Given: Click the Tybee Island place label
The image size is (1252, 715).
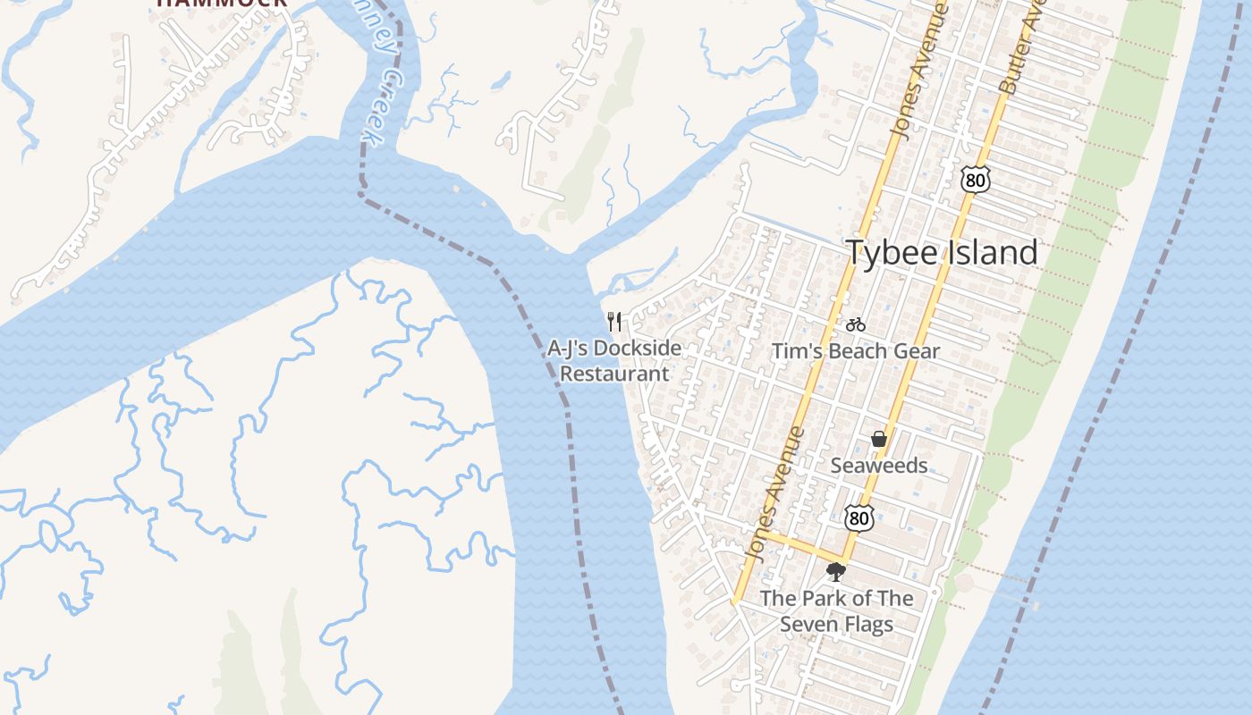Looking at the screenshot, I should [x=942, y=253].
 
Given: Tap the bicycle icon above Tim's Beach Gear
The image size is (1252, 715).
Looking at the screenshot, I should [x=856, y=324].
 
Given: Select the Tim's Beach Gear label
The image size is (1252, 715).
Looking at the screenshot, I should [x=856, y=351].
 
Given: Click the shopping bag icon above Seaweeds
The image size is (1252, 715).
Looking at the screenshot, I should [x=879, y=439].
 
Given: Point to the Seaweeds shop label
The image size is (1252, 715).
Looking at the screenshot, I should [x=879, y=466].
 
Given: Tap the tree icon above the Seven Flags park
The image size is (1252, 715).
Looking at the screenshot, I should [x=836, y=572].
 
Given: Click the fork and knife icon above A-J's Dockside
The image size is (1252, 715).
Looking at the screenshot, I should [x=614, y=321].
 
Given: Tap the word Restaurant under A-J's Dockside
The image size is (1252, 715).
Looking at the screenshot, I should [x=614, y=374].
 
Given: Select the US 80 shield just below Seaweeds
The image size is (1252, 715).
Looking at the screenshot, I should [x=859, y=517].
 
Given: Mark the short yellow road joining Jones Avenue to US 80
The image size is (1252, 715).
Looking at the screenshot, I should [x=800, y=547].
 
